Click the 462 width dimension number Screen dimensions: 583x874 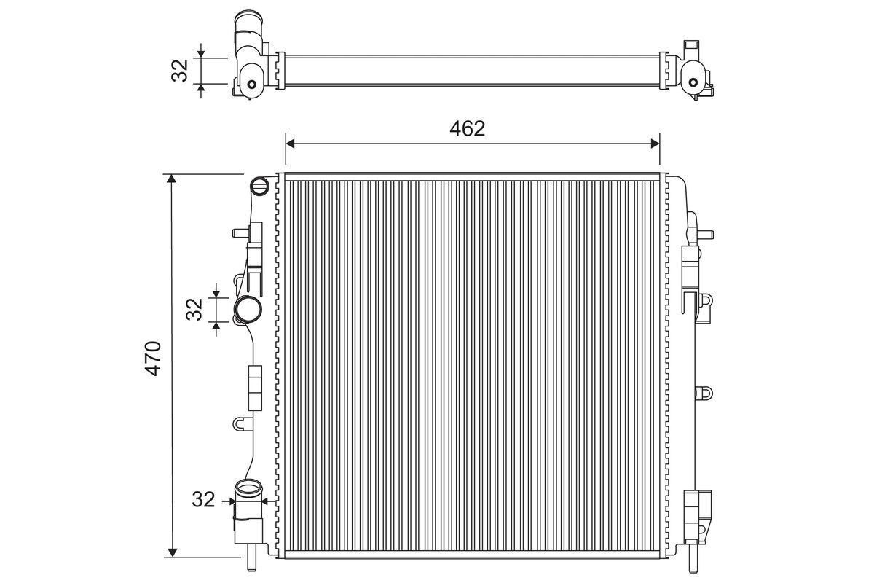point(467,129)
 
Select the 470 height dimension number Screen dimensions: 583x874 point(152,358)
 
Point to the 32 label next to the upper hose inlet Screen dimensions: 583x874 point(194,308)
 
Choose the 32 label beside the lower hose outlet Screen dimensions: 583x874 point(204,500)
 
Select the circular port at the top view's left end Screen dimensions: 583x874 point(252,83)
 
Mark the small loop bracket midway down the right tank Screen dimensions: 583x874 point(704,392)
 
